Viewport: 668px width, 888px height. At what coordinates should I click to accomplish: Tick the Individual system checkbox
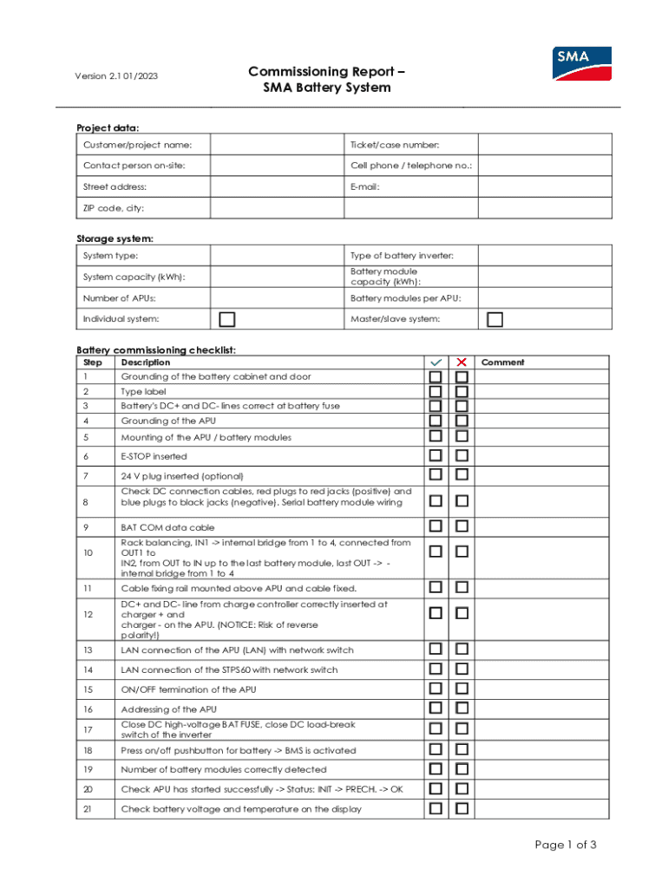pyautogui.click(x=227, y=319)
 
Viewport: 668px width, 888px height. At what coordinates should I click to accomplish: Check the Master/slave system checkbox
pyautogui.click(x=494, y=319)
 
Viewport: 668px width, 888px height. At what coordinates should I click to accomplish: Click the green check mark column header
pyautogui.click(x=436, y=362)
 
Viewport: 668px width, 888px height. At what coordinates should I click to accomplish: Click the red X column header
pyautogui.click(x=462, y=362)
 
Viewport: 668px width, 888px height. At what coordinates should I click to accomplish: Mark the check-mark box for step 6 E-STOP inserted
pyautogui.click(x=436, y=456)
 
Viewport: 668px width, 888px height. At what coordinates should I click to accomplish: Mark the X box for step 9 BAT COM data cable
pyautogui.click(x=462, y=526)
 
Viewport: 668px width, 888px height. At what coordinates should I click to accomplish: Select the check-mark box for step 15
pyautogui.click(x=436, y=689)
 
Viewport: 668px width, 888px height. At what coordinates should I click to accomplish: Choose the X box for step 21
pyautogui.click(x=462, y=808)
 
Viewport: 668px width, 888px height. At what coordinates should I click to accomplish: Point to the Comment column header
pyautogui.click(x=503, y=362)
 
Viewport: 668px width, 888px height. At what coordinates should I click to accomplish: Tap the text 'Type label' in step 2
pyautogui.click(x=143, y=391)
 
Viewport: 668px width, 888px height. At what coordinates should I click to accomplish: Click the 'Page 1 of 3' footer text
pyautogui.click(x=566, y=846)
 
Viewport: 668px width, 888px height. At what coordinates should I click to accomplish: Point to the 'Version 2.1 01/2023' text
pyautogui.click(x=115, y=76)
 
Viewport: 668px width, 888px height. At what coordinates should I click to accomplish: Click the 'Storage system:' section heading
pyautogui.click(x=115, y=238)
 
